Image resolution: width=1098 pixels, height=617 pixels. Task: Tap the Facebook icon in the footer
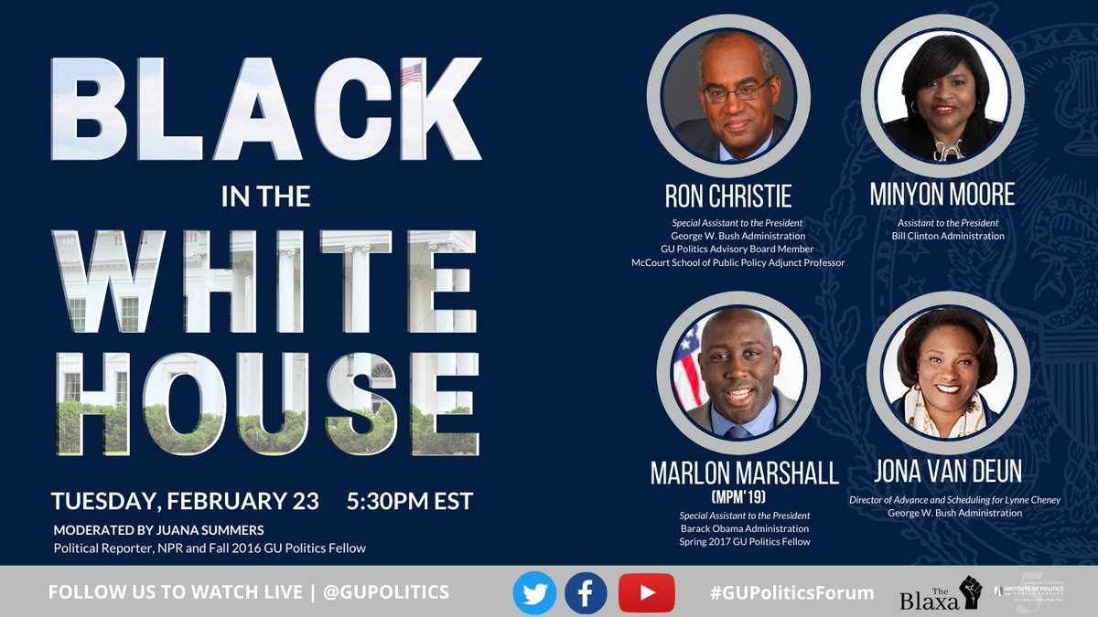586,592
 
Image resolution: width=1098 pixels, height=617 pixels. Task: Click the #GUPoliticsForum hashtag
791,592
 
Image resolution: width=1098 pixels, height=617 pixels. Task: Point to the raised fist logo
969,591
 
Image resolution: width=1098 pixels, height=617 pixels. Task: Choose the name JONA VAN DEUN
948,473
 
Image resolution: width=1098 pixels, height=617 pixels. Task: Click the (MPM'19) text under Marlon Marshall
737,496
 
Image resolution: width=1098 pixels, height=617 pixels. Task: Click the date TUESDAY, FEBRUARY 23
185,501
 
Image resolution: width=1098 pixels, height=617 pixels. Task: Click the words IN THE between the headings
264,196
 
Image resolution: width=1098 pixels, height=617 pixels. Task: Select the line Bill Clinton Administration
948,236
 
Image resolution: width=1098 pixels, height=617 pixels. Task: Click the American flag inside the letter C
411,73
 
